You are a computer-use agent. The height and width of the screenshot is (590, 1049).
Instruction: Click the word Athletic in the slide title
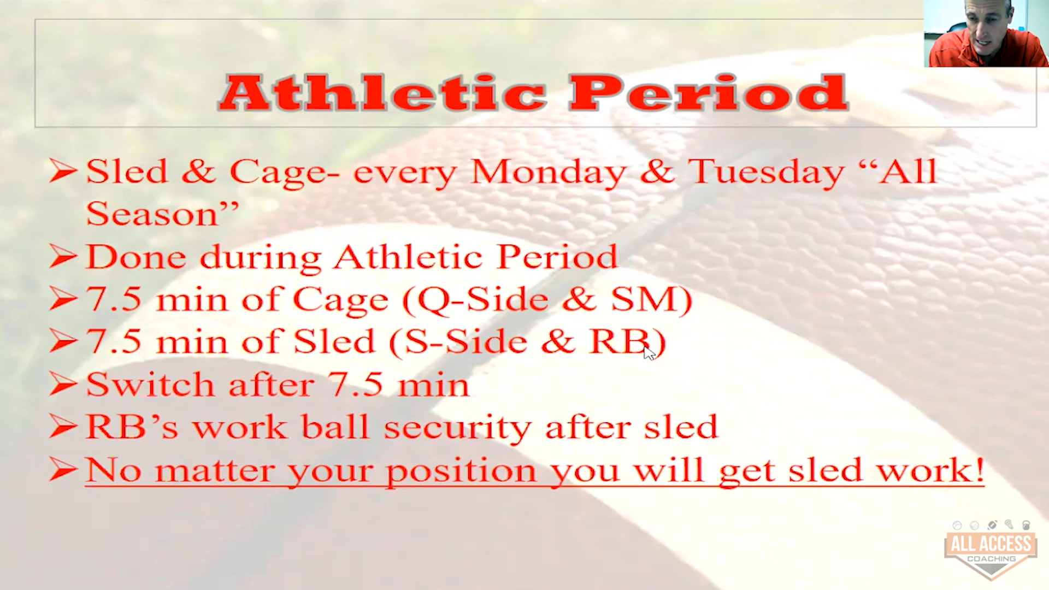click(x=383, y=92)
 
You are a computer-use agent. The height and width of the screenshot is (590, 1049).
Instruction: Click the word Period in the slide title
click(x=709, y=92)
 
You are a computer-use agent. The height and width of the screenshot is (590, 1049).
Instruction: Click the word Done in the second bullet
click(x=136, y=257)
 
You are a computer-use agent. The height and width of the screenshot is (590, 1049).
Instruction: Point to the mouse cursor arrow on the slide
click(x=649, y=353)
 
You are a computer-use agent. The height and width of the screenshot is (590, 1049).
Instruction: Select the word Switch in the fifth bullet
click(x=150, y=384)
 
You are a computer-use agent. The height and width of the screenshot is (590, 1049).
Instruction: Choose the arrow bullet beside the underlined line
click(x=63, y=470)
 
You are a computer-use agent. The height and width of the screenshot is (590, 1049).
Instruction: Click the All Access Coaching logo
click(x=991, y=550)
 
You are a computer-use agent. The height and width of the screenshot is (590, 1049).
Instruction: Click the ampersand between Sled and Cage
click(x=198, y=172)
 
